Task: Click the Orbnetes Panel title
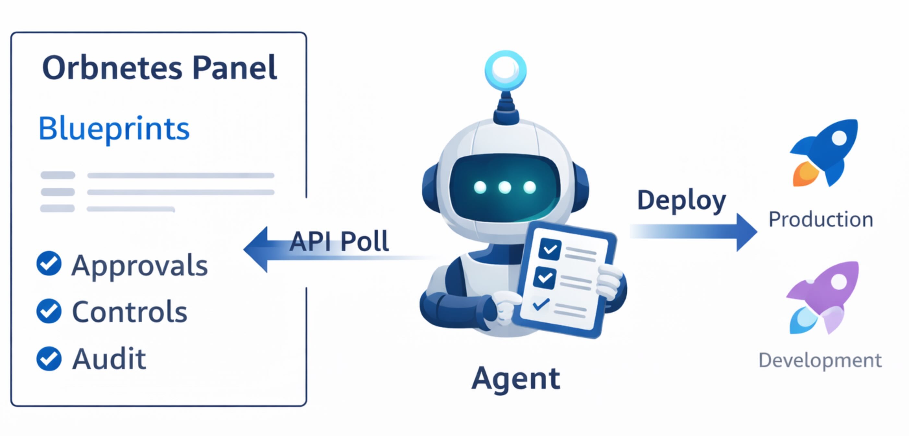(x=159, y=67)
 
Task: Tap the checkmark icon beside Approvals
(x=49, y=263)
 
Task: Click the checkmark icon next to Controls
(x=49, y=311)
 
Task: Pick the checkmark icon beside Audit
(x=49, y=359)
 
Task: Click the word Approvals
(x=140, y=265)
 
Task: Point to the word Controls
(x=129, y=312)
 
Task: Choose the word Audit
(x=109, y=359)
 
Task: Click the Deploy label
(x=681, y=200)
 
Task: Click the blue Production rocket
(x=825, y=152)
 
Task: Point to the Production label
(x=821, y=220)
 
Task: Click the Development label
(x=820, y=360)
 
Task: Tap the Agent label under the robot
(x=516, y=379)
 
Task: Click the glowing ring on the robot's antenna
(x=505, y=70)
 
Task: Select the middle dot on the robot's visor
(x=505, y=187)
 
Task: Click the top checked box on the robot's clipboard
(x=550, y=249)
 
